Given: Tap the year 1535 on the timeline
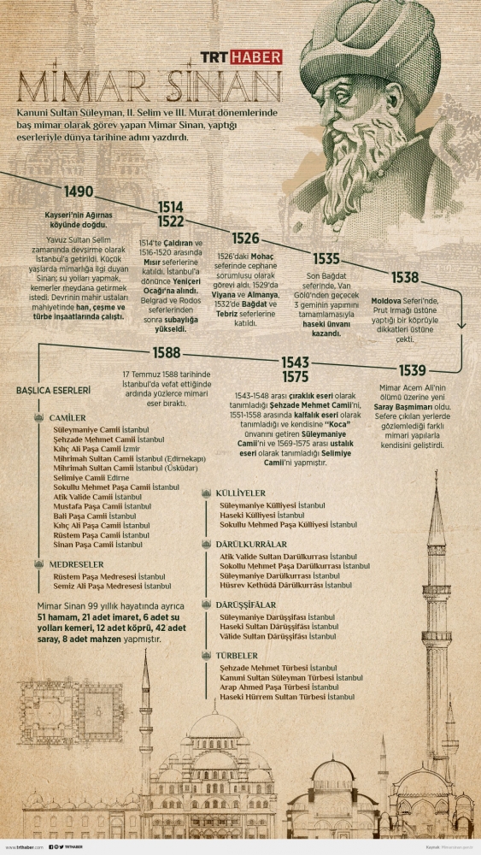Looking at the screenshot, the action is (x=326, y=258).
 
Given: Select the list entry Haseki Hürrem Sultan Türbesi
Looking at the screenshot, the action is (x=287, y=697).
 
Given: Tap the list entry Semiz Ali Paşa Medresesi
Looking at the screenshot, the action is (x=110, y=586).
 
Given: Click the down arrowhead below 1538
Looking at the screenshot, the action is (x=462, y=325).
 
